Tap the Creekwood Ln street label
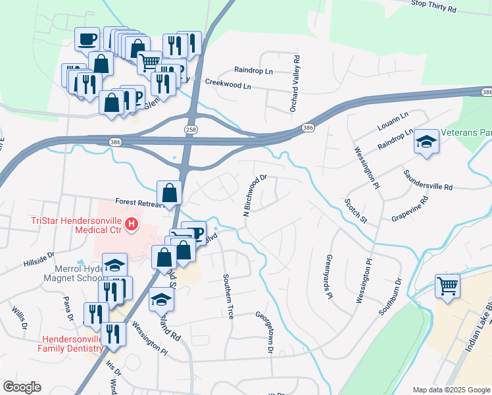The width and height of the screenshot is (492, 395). point(228,84)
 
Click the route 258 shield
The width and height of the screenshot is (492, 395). point(191,129)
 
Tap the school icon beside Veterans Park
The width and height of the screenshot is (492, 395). point(427,142)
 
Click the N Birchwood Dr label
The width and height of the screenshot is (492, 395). point(255,195)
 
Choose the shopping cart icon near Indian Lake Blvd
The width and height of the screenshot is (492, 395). point(447,286)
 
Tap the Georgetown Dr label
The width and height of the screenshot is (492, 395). point(270,332)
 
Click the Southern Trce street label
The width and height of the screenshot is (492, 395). point(228,296)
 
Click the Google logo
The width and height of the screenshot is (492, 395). point(22,387)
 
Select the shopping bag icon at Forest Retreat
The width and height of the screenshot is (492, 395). point(170,193)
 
